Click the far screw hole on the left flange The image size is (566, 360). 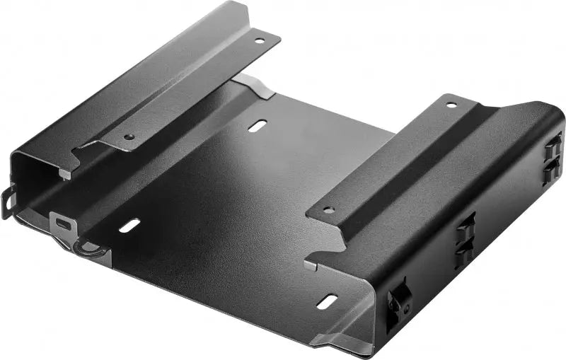click(260, 41)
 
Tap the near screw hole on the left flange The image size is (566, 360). click(129, 137)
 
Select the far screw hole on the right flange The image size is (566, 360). click(451, 105)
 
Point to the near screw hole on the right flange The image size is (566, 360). click(328, 210)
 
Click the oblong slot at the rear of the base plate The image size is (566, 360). click(258, 126)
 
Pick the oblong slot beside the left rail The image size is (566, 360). click(129, 226)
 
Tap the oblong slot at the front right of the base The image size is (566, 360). click(326, 302)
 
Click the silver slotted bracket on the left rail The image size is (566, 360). click(64, 224)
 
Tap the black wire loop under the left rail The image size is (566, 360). click(88, 249)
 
